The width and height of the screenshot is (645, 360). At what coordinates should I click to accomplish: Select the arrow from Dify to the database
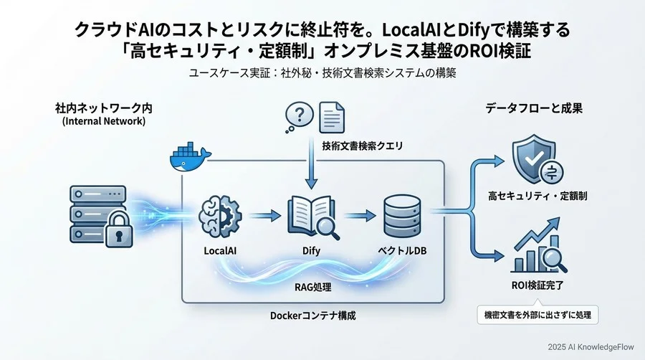tap(356, 214)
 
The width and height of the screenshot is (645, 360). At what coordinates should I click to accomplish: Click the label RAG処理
tap(312, 287)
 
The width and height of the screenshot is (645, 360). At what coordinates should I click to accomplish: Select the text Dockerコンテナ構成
tap(313, 316)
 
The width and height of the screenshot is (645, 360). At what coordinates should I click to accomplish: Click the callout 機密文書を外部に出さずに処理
tap(539, 314)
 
